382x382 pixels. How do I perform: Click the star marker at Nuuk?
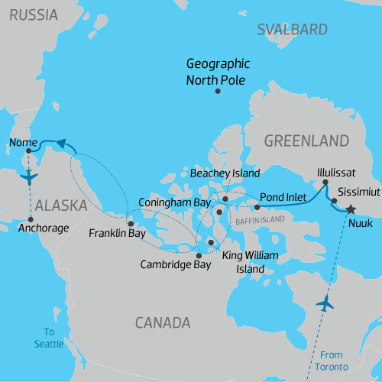click(350, 209)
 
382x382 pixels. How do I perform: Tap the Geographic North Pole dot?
click(218, 92)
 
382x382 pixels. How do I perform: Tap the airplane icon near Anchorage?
click(29, 178)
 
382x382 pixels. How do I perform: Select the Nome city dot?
click(29, 151)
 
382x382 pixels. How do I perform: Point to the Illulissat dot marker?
click(325, 183)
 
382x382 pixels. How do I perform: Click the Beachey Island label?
click(225, 173)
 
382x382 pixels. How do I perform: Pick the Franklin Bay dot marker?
click(130, 223)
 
